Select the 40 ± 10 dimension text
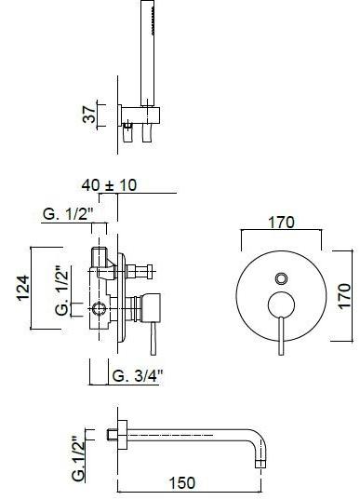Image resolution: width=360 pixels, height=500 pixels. coord(109,184)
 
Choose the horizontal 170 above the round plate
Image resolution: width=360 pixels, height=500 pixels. coord(282,223)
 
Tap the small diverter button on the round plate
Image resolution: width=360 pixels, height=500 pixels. coord(281,278)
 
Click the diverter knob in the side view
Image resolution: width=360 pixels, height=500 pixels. coord(144,272)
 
